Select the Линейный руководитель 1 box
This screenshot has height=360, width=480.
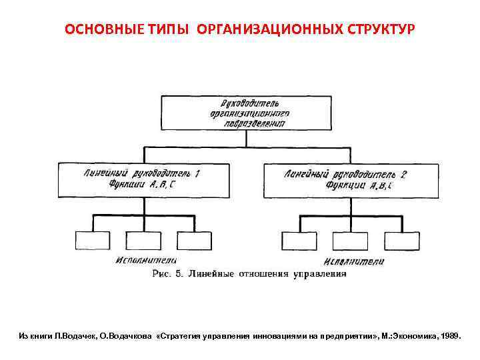[x=141, y=180]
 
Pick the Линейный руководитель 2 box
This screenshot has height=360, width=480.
[x=351, y=180]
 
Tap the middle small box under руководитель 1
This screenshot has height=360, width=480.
[x=142, y=240]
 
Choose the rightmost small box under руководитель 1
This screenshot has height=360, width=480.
[x=194, y=240]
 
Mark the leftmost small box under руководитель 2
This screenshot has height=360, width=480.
[x=298, y=240]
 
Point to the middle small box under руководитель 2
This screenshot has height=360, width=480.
[x=351, y=240]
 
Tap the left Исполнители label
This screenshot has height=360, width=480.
[x=145, y=259]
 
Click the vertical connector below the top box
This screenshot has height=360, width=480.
[x=247, y=139]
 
